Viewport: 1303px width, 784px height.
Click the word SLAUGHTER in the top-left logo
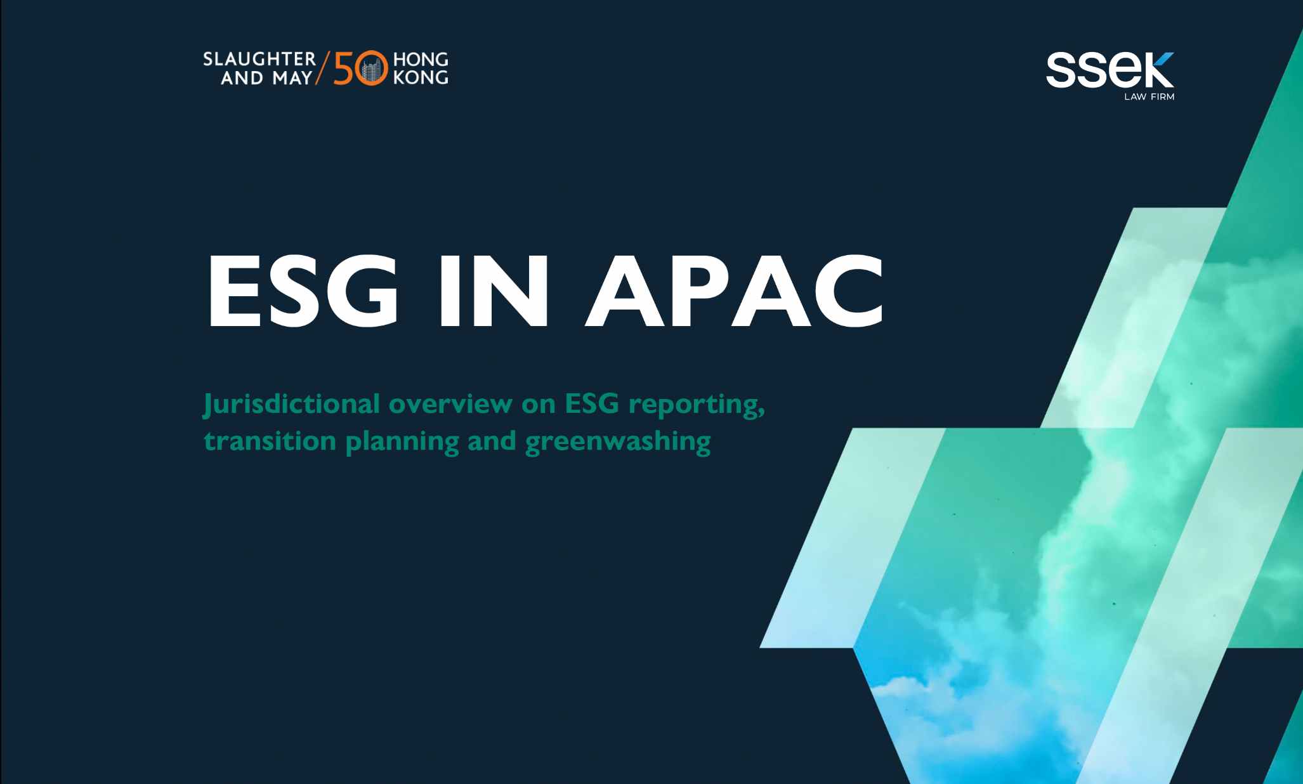pos(259,60)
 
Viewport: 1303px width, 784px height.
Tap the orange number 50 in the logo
pos(360,69)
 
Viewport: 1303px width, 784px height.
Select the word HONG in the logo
pos(421,60)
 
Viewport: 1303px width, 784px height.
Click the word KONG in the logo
pos(421,77)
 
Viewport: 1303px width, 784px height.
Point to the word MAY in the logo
pos(292,77)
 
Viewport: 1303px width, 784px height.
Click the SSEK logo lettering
pos(1110,70)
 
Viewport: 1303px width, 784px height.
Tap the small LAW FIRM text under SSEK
pos(1149,97)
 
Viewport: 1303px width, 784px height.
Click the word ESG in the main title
pos(303,291)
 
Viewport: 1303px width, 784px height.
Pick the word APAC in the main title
pos(735,291)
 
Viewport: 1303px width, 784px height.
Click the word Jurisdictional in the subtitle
pos(292,404)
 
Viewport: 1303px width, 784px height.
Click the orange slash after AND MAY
pos(323,69)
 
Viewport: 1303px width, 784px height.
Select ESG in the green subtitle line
pos(591,404)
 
